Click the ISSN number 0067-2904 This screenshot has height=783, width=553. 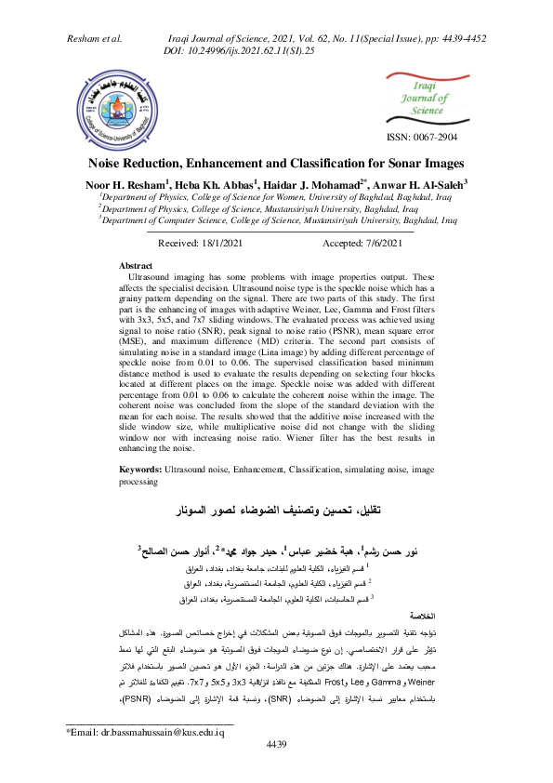[422, 138]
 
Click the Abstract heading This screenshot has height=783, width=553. [137, 265]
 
